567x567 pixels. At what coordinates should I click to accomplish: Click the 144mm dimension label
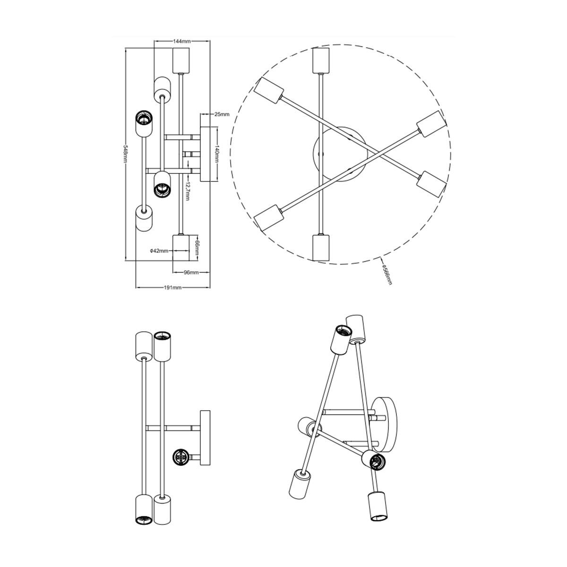[181, 41]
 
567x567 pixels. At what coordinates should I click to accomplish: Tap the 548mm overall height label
[126, 154]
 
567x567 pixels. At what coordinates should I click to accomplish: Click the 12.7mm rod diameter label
[187, 191]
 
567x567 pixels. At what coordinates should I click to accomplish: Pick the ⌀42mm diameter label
[159, 251]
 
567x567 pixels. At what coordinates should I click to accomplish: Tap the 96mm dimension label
[191, 273]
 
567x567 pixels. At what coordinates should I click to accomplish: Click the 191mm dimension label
[173, 287]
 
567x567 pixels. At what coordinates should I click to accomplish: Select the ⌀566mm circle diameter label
[387, 275]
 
